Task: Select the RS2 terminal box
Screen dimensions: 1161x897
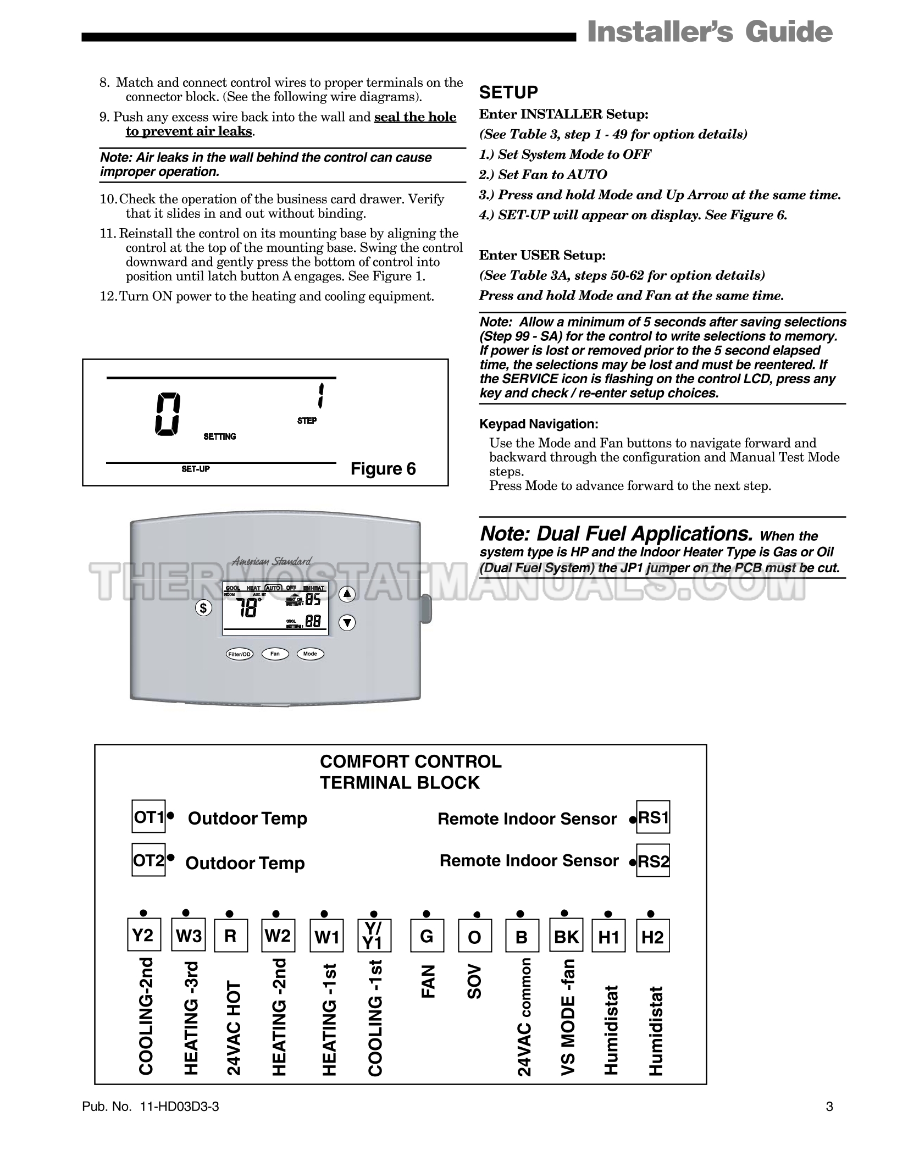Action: tap(653, 860)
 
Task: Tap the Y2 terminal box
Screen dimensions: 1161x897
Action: tap(144, 935)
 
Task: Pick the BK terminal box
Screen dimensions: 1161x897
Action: tap(566, 935)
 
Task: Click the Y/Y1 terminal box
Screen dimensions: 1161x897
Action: tap(374, 935)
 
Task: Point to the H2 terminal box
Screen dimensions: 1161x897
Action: tap(652, 935)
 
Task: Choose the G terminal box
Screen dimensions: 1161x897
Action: tap(427, 935)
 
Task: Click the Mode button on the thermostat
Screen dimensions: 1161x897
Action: tap(310, 654)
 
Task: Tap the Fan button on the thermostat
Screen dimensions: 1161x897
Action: tap(275, 654)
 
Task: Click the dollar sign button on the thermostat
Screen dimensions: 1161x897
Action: tap(203, 609)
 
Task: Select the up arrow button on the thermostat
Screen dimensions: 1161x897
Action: tap(347, 594)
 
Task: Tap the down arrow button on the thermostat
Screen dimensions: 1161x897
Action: tap(347, 623)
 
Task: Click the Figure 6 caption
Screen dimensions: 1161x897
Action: tap(383, 468)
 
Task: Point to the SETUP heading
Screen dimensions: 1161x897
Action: tap(508, 92)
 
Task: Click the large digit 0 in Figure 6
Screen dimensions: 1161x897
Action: tap(167, 415)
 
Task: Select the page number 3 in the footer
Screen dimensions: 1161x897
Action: tap(829, 1107)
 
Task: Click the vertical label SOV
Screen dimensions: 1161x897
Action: tap(474, 981)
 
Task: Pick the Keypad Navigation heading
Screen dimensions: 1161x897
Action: tap(539, 424)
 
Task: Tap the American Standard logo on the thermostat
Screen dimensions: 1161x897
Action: tap(272, 561)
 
